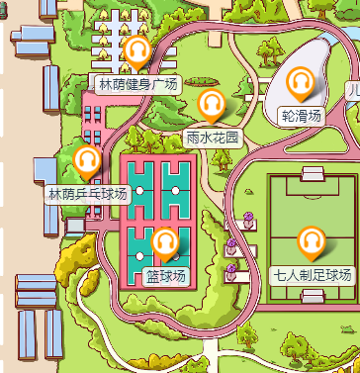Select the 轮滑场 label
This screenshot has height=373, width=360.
coord(302,116)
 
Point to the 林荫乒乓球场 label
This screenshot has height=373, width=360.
coord(89,193)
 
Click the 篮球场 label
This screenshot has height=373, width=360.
coord(165,275)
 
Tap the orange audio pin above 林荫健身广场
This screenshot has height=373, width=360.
coord(136,50)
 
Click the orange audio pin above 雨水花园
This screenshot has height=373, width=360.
coord(212,104)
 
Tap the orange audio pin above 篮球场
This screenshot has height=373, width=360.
coord(165,241)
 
